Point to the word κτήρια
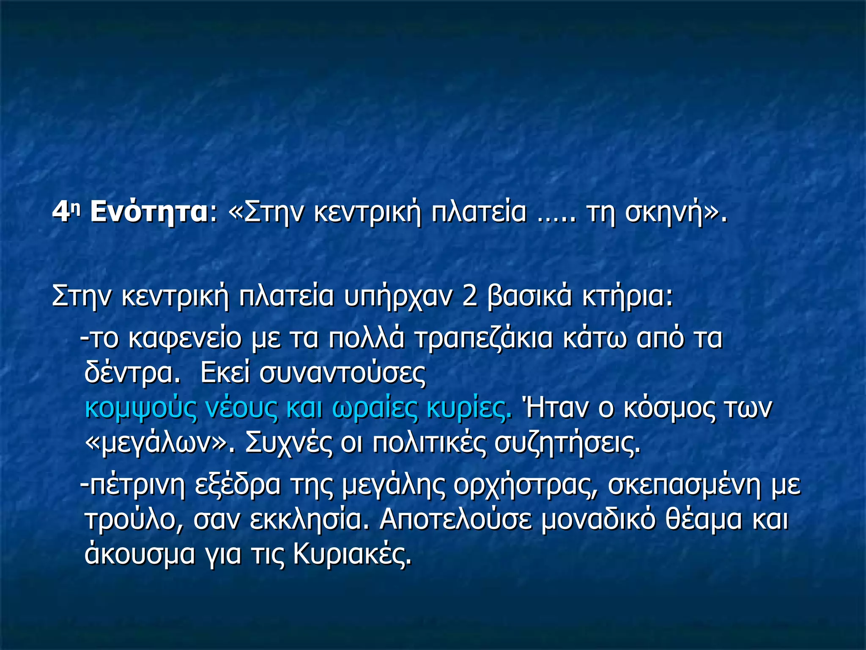[626, 296]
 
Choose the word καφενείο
[184, 339]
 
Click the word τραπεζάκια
[483, 339]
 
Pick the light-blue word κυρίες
[469, 408]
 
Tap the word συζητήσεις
[567, 443]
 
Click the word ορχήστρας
[526, 485]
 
